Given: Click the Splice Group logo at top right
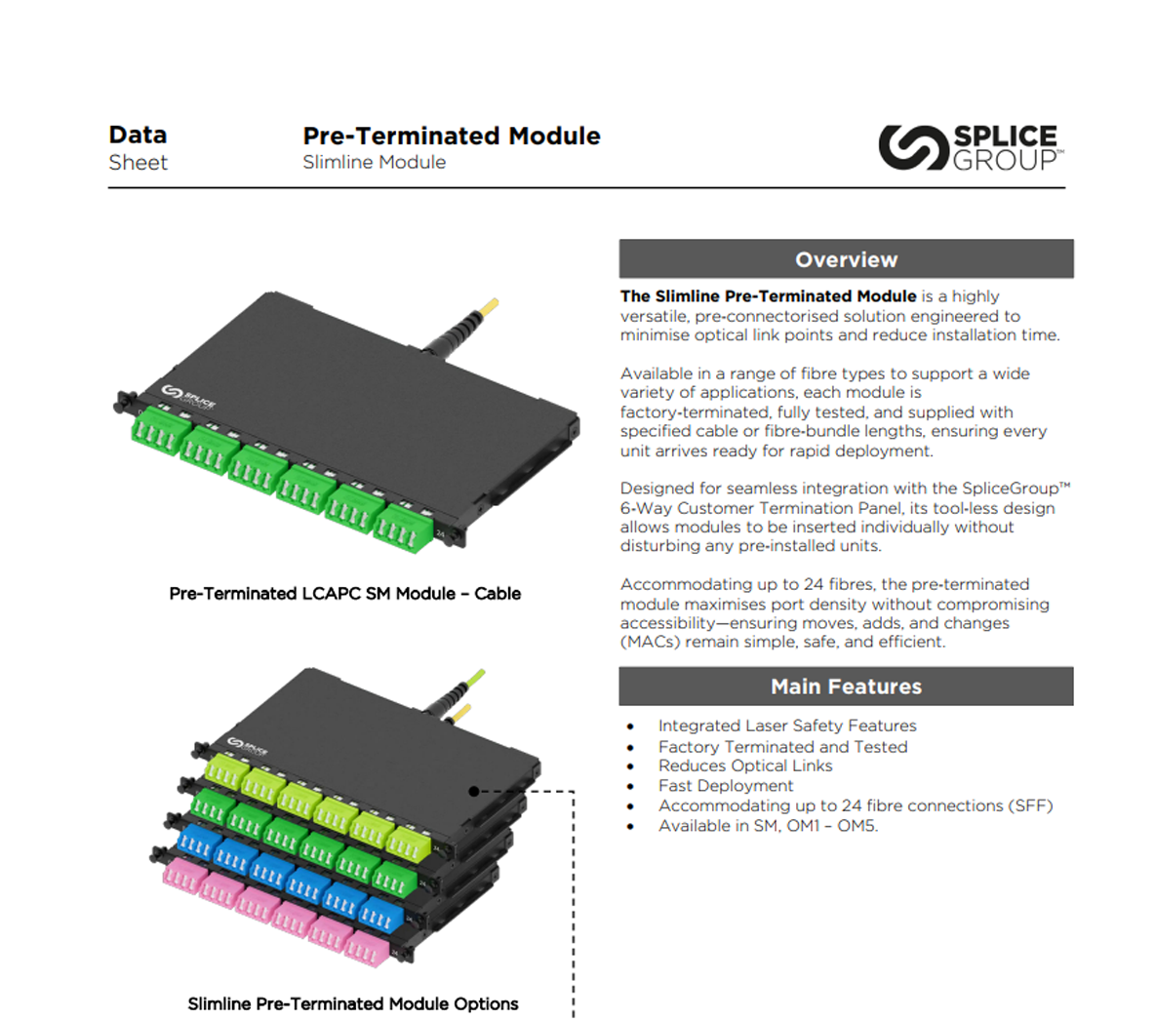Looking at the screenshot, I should click(x=971, y=147).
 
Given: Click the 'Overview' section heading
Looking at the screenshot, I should click(x=846, y=259).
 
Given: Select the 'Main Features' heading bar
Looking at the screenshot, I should click(x=846, y=687).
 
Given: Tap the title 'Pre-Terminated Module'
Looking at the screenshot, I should click(x=452, y=136).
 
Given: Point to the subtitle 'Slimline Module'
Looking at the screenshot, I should click(x=374, y=163).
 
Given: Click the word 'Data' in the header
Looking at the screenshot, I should click(x=138, y=135).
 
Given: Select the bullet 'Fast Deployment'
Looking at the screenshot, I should click(x=726, y=786).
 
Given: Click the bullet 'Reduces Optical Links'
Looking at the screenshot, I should click(x=745, y=766).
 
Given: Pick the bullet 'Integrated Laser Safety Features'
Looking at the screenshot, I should click(x=787, y=726).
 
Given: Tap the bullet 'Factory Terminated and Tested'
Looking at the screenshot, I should click(x=782, y=747).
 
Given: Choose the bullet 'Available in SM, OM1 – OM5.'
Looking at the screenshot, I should click(x=768, y=826).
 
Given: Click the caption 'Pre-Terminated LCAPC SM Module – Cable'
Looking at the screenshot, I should click(x=344, y=593).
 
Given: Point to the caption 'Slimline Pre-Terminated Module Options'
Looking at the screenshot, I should click(x=352, y=1003).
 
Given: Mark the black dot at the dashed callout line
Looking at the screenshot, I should click(x=475, y=791).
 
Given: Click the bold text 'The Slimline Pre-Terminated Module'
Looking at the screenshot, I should click(x=768, y=296).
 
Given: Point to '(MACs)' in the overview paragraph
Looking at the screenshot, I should click(x=650, y=642).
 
